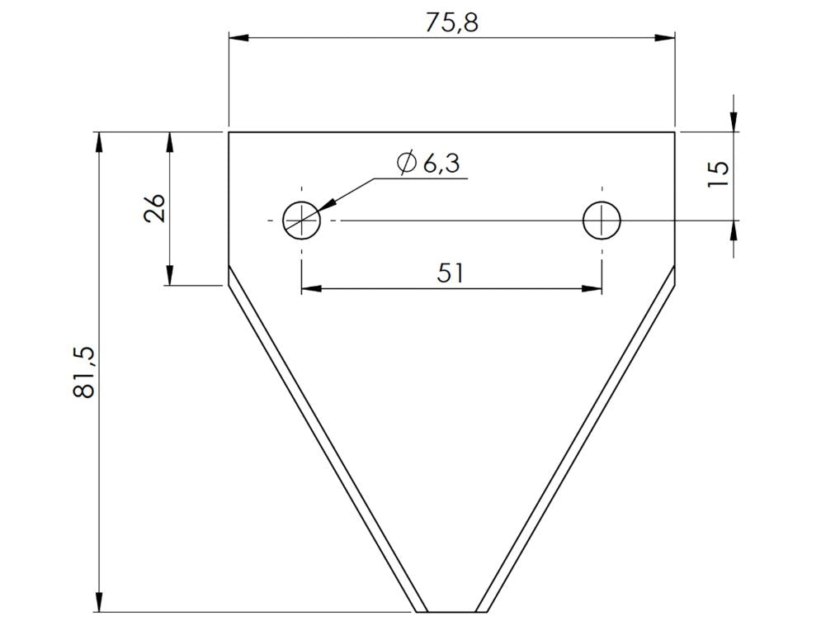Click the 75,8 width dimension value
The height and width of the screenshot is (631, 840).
tap(451, 23)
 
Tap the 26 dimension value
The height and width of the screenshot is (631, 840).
tap(154, 208)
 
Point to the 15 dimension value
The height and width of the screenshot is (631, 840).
tap(719, 173)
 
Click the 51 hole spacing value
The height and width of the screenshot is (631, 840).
tap(450, 273)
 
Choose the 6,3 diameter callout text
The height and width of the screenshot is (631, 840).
tap(441, 164)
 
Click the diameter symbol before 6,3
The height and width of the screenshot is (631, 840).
tap(407, 163)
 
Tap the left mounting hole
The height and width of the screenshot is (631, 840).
tap(302, 221)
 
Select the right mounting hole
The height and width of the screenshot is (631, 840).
tap(602, 221)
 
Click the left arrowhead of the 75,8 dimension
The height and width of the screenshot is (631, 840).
tap(239, 37)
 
